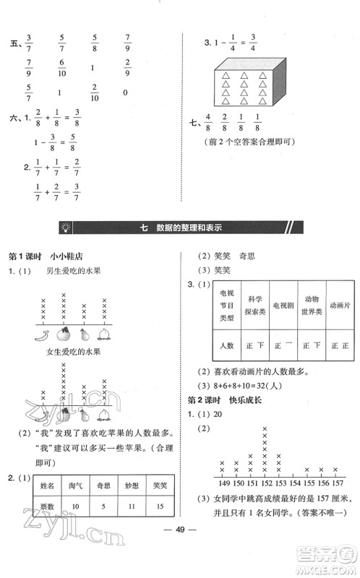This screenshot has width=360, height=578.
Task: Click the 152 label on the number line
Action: [x=265, y=483]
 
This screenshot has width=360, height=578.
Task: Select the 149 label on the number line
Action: [x=222, y=483]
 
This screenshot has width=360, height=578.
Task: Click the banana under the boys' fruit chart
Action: [x=46, y=335]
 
